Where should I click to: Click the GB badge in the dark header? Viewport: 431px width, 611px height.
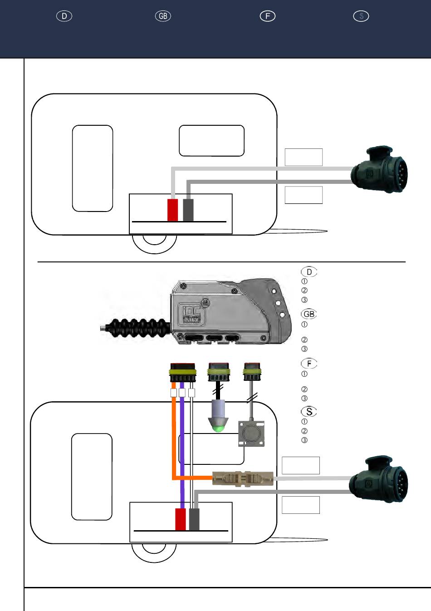point(163,16)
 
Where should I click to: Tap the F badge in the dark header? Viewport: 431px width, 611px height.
point(268,16)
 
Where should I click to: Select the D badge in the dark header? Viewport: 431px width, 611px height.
point(64,16)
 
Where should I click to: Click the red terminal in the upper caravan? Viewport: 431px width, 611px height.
point(173,210)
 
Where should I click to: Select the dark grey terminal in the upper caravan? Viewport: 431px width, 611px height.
point(188,210)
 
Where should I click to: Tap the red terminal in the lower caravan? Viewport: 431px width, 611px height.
point(181,519)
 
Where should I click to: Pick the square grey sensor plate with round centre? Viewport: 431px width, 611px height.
point(251,433)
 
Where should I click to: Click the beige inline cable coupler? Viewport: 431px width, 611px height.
point(243,478)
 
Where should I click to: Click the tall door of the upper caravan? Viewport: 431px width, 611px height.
point(93,168)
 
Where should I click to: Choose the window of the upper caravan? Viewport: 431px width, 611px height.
point(211,141)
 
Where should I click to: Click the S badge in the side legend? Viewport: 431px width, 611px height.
point(309,412)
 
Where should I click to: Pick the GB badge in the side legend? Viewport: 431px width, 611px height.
point(309,314)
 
